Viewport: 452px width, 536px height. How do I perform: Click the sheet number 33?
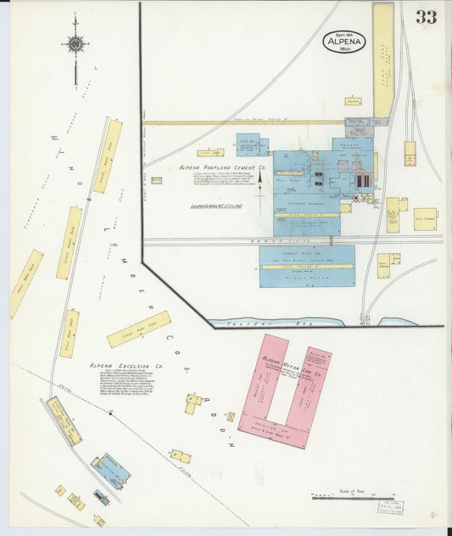point(426,16)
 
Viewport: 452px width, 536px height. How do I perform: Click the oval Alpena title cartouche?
point(344,42)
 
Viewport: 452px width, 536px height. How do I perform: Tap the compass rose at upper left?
point(75,45)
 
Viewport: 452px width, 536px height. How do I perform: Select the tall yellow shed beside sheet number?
point(383,59)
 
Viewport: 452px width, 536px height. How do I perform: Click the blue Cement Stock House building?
point(306,266)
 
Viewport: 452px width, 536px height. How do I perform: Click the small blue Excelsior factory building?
point(111,471)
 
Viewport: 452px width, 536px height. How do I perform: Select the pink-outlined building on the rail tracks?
point(410,153)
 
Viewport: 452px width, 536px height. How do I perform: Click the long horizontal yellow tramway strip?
point(246,122)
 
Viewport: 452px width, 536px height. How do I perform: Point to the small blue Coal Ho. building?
point(252,145)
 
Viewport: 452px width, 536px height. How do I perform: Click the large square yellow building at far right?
point(425,218)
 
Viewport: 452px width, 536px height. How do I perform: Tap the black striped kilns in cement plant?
point(362,180)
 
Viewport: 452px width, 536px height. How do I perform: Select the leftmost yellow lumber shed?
point(26,284)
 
